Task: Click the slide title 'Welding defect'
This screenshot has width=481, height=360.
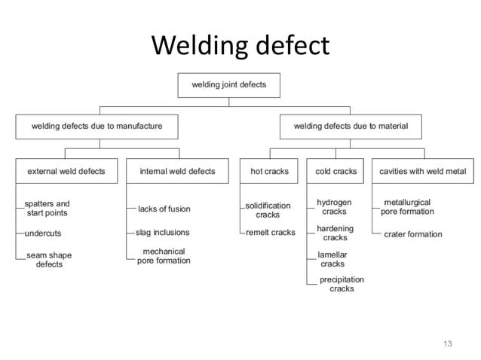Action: tap(240, 46)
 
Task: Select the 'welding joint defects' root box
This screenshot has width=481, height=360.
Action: tap(228, 85)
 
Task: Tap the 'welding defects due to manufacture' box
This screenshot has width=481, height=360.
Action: tap(97, 127)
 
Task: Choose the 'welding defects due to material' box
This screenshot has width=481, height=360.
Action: tap(351, 127)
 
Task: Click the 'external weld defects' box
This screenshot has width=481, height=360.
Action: tap(66, 172)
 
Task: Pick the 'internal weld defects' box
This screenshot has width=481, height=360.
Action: tap(177, 172)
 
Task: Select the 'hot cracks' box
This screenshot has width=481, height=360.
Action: tap(269, 172)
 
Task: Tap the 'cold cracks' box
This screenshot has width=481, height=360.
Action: tap(335, 172)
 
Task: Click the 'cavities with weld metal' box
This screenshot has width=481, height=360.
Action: tap(422, 172)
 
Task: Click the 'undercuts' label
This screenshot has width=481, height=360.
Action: tap(43, 233)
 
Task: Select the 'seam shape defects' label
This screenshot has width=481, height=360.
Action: tap(49, 260)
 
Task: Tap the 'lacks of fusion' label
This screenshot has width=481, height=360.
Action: tap(164, 209)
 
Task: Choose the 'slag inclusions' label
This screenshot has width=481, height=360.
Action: tap(162, 233)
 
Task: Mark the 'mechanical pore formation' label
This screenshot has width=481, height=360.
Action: tap(164, 256)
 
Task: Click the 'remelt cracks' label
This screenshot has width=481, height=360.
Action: tap(270, 233)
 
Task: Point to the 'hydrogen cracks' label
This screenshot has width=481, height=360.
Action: tap(334, 207)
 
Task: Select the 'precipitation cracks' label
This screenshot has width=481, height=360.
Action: tap(342, 284)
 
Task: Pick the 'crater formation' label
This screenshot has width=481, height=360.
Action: tap(413, 234)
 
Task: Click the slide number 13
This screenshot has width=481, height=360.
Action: tap(447, 344)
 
